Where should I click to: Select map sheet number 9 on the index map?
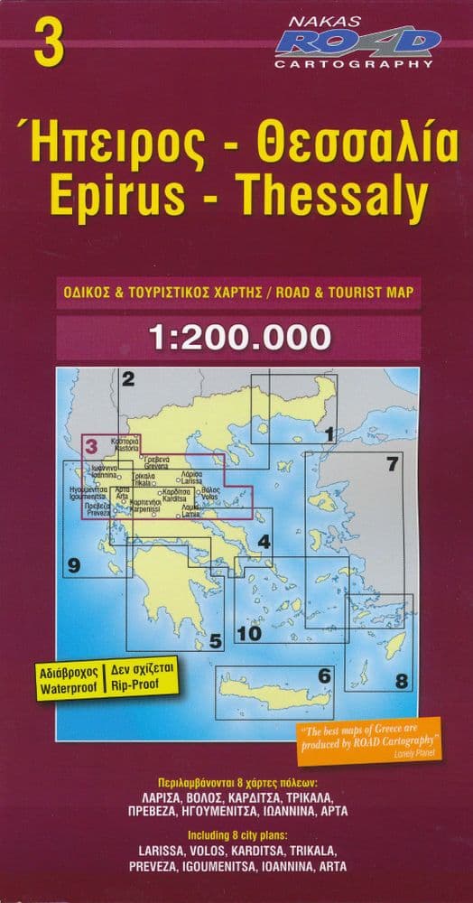click(x=74, y=566)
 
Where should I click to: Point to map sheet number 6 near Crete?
click(x=323, y=674)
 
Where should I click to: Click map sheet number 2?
click(x=128, y=379)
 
